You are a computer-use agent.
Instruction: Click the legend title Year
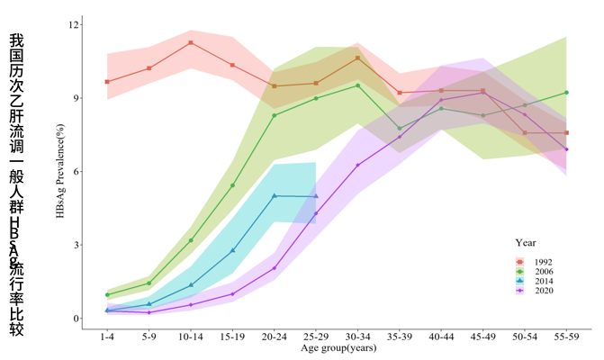pos(527,242)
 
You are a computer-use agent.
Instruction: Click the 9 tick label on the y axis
pos(76,98)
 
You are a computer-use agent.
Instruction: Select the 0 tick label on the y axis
pos(76,319)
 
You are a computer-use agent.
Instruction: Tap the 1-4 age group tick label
pos(107,336)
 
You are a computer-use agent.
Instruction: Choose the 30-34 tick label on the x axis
pos(358,336)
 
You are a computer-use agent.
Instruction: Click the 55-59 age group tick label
pos(566,336)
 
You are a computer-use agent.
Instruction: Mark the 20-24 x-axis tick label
pos(275,336)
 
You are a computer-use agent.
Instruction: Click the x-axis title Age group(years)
pos(338,347)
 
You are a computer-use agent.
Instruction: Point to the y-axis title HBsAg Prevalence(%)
pos(60,171)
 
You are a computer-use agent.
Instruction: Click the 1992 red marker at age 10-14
pos(191,42)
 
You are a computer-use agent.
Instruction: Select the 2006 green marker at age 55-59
pos(566,92)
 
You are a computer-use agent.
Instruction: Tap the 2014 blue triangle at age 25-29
pos(316,196)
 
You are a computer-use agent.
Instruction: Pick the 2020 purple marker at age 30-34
pos(358,165)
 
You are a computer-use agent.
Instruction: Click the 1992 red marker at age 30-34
pos(358,58)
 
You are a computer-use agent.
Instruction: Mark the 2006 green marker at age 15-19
pos(232,185)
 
